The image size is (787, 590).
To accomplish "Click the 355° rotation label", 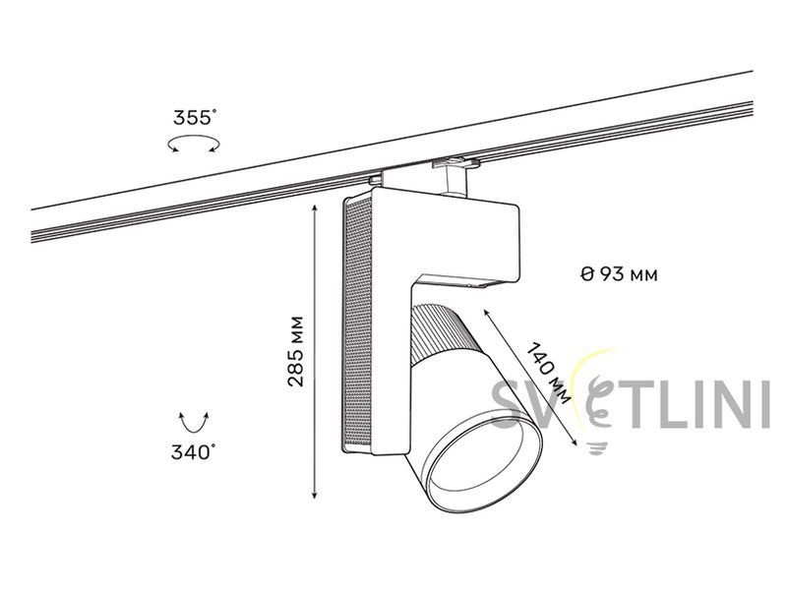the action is coord(195,117).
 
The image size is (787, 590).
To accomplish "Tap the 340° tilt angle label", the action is coord(193,452).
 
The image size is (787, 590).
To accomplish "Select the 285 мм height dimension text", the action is coord(296,351).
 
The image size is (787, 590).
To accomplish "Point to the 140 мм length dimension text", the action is coord(549,373).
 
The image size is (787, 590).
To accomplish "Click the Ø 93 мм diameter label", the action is coord(619,274).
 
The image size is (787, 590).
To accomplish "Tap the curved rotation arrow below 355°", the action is coord(194,144).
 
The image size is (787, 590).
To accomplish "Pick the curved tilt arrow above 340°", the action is coord(194,423).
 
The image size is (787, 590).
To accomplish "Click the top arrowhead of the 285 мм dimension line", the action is coord(315,208).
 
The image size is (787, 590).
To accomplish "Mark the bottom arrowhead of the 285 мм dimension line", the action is coord(315,495).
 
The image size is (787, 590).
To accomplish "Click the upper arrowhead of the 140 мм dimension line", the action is coord(486,313).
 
